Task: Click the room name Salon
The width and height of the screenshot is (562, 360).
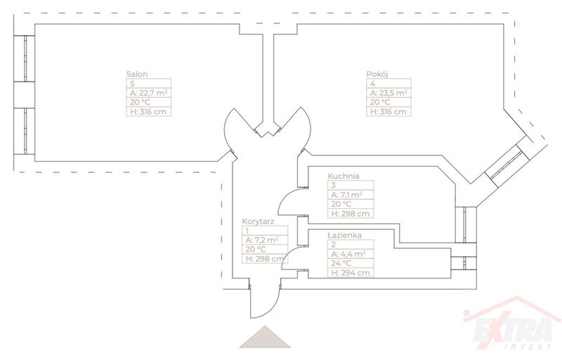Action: tap(136, 74)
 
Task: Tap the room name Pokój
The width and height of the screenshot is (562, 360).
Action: tap(377, 74)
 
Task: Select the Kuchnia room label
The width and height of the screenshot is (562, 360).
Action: tap(344, 176)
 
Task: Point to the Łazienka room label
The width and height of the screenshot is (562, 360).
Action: tap(345, 236)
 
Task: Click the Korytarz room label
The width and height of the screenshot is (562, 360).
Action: tap(257, 221)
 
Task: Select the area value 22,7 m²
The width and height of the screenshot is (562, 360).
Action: tap(148, 93)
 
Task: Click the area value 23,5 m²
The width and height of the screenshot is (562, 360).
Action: tap(388, 93)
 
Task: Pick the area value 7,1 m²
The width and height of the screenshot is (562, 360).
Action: tap(346, 195)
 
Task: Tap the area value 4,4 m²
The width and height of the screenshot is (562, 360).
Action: tap(346, 254)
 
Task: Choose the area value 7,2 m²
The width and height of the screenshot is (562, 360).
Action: tap(261, 239)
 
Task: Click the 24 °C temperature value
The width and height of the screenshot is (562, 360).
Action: tap(343, 264)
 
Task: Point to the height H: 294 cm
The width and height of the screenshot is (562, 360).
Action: tap(349, 273)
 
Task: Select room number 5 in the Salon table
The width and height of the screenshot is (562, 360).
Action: tap(131, 83)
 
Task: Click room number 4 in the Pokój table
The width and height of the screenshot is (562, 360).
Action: tap(372, 83)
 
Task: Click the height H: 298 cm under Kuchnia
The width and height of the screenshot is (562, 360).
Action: tap(349, 214)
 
